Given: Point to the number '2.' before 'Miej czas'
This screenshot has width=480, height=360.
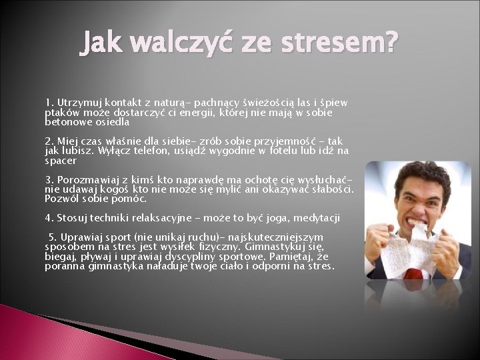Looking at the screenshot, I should point(49,141).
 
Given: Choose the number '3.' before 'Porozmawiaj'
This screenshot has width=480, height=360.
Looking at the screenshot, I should point(49,179).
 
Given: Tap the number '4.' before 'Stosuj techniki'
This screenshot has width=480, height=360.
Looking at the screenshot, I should point(49,217).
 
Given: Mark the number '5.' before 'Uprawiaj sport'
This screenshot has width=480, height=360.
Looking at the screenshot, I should point(53,237).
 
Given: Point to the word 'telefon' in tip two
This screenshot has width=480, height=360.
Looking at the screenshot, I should point(139,151).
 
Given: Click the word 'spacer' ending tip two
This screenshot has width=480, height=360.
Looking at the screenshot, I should point(61,161).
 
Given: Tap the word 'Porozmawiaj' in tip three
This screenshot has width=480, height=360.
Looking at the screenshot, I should point(87,179).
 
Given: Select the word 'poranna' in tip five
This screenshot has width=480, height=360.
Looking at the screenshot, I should point(63,266).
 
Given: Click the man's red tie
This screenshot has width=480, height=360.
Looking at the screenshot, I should point(413,273).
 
